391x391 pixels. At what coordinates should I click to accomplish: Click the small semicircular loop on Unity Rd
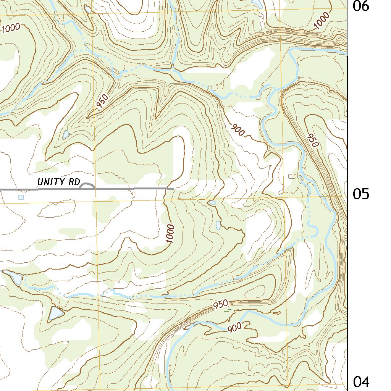87,186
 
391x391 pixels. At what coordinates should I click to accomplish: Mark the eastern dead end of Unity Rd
173,189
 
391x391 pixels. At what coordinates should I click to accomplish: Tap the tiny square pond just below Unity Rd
21,197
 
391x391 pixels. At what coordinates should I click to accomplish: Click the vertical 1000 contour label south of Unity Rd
170,234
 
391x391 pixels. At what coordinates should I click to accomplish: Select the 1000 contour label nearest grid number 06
322,21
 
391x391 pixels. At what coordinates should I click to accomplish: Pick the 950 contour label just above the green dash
221,304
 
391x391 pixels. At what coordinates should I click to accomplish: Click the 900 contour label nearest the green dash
234,328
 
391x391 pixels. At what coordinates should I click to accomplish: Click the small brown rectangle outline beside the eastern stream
292,176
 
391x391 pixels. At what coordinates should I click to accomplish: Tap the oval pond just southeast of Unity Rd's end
212,203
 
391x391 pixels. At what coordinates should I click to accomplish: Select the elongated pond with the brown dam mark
13,277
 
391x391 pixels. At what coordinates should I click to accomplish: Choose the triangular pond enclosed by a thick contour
55,313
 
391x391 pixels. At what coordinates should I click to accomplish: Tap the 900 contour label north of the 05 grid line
238,131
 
